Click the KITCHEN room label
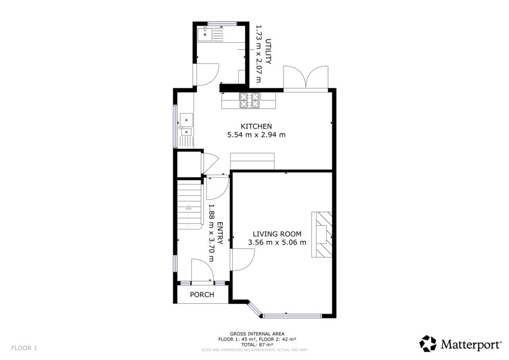click(256, 126)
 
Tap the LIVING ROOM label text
click(277, 234)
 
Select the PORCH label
click(202, 294)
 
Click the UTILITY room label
click(268, 51)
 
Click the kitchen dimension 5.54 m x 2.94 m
click(256, 135)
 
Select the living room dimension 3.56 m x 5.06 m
click(277, 243)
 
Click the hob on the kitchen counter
click(250, 101)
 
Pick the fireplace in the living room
click(321, 234)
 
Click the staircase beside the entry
click(189, 204)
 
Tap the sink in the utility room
click(204, 34)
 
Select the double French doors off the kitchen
click(306, 78)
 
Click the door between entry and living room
click(243, 259)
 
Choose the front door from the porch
click(202, 271)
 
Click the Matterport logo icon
click(428, 344)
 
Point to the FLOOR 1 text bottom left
click(24, 348)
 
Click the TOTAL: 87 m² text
click(257, 344)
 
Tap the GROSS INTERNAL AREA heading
click(257, 334)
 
